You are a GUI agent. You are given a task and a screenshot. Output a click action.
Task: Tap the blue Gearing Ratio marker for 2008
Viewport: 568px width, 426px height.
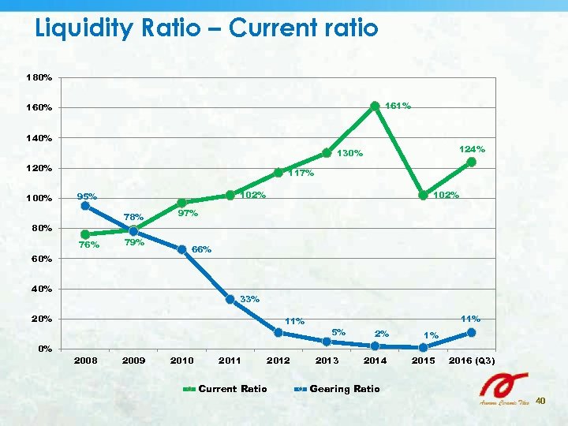coord(85,206)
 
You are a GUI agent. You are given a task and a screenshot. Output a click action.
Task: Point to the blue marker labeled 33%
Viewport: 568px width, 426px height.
coord(230,299)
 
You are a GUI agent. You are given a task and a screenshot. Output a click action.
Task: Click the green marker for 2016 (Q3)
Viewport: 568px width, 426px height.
coord(471,162)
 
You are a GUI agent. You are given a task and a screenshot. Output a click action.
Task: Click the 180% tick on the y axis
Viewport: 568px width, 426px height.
coord(39,78)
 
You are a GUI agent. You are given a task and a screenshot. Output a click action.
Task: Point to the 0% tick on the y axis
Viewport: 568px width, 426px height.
coord(45,349)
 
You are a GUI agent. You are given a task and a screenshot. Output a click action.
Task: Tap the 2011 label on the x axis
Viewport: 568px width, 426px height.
coord(230,361)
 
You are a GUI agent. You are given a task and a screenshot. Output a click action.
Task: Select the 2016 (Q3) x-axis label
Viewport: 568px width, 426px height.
coord(472,361)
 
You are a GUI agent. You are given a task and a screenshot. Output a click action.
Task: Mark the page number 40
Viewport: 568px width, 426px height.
coord(540,402)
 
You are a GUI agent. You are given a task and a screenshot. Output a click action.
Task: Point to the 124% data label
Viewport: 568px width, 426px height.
coord(472,148)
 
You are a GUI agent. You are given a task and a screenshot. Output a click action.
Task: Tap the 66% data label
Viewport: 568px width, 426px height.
coord(202,249)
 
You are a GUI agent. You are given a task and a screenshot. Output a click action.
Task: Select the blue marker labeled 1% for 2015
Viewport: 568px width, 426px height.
coord(423,347)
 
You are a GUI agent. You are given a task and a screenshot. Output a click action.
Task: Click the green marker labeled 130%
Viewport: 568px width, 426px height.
coord(326,153)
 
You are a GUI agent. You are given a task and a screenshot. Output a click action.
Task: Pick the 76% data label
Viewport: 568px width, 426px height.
coord(89,245)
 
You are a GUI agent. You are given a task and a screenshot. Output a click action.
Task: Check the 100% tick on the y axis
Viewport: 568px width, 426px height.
coord(39,198)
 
